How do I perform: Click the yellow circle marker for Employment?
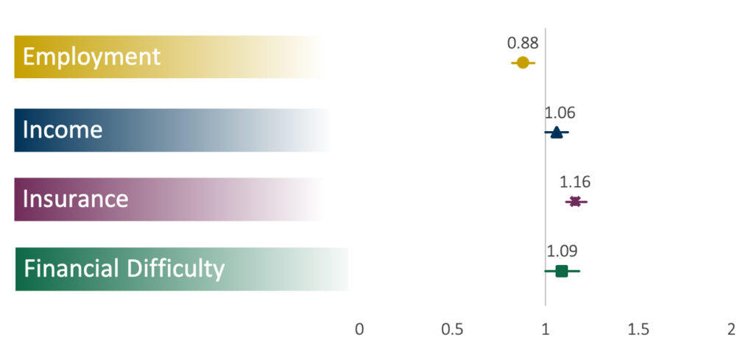(523, 63)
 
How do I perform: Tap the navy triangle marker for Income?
(556, 133)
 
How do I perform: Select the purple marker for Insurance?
(575, 202)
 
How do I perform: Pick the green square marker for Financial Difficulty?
(561, 271)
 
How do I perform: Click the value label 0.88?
(523, 43)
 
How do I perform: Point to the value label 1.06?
(560, 113)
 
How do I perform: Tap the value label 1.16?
(574, 182)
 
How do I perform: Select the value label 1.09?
(562, 251)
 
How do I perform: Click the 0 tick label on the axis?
(359, 329)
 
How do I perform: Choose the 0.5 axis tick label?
(452, 329)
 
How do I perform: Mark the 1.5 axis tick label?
(638, 329)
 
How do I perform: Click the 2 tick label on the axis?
(731, 329)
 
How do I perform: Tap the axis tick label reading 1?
(546, 329)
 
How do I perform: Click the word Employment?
(91, 57)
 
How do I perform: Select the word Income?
(63, 130)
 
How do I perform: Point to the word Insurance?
(76, 199)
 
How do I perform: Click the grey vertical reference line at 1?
(546, 167)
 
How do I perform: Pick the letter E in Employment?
(29, 57)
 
